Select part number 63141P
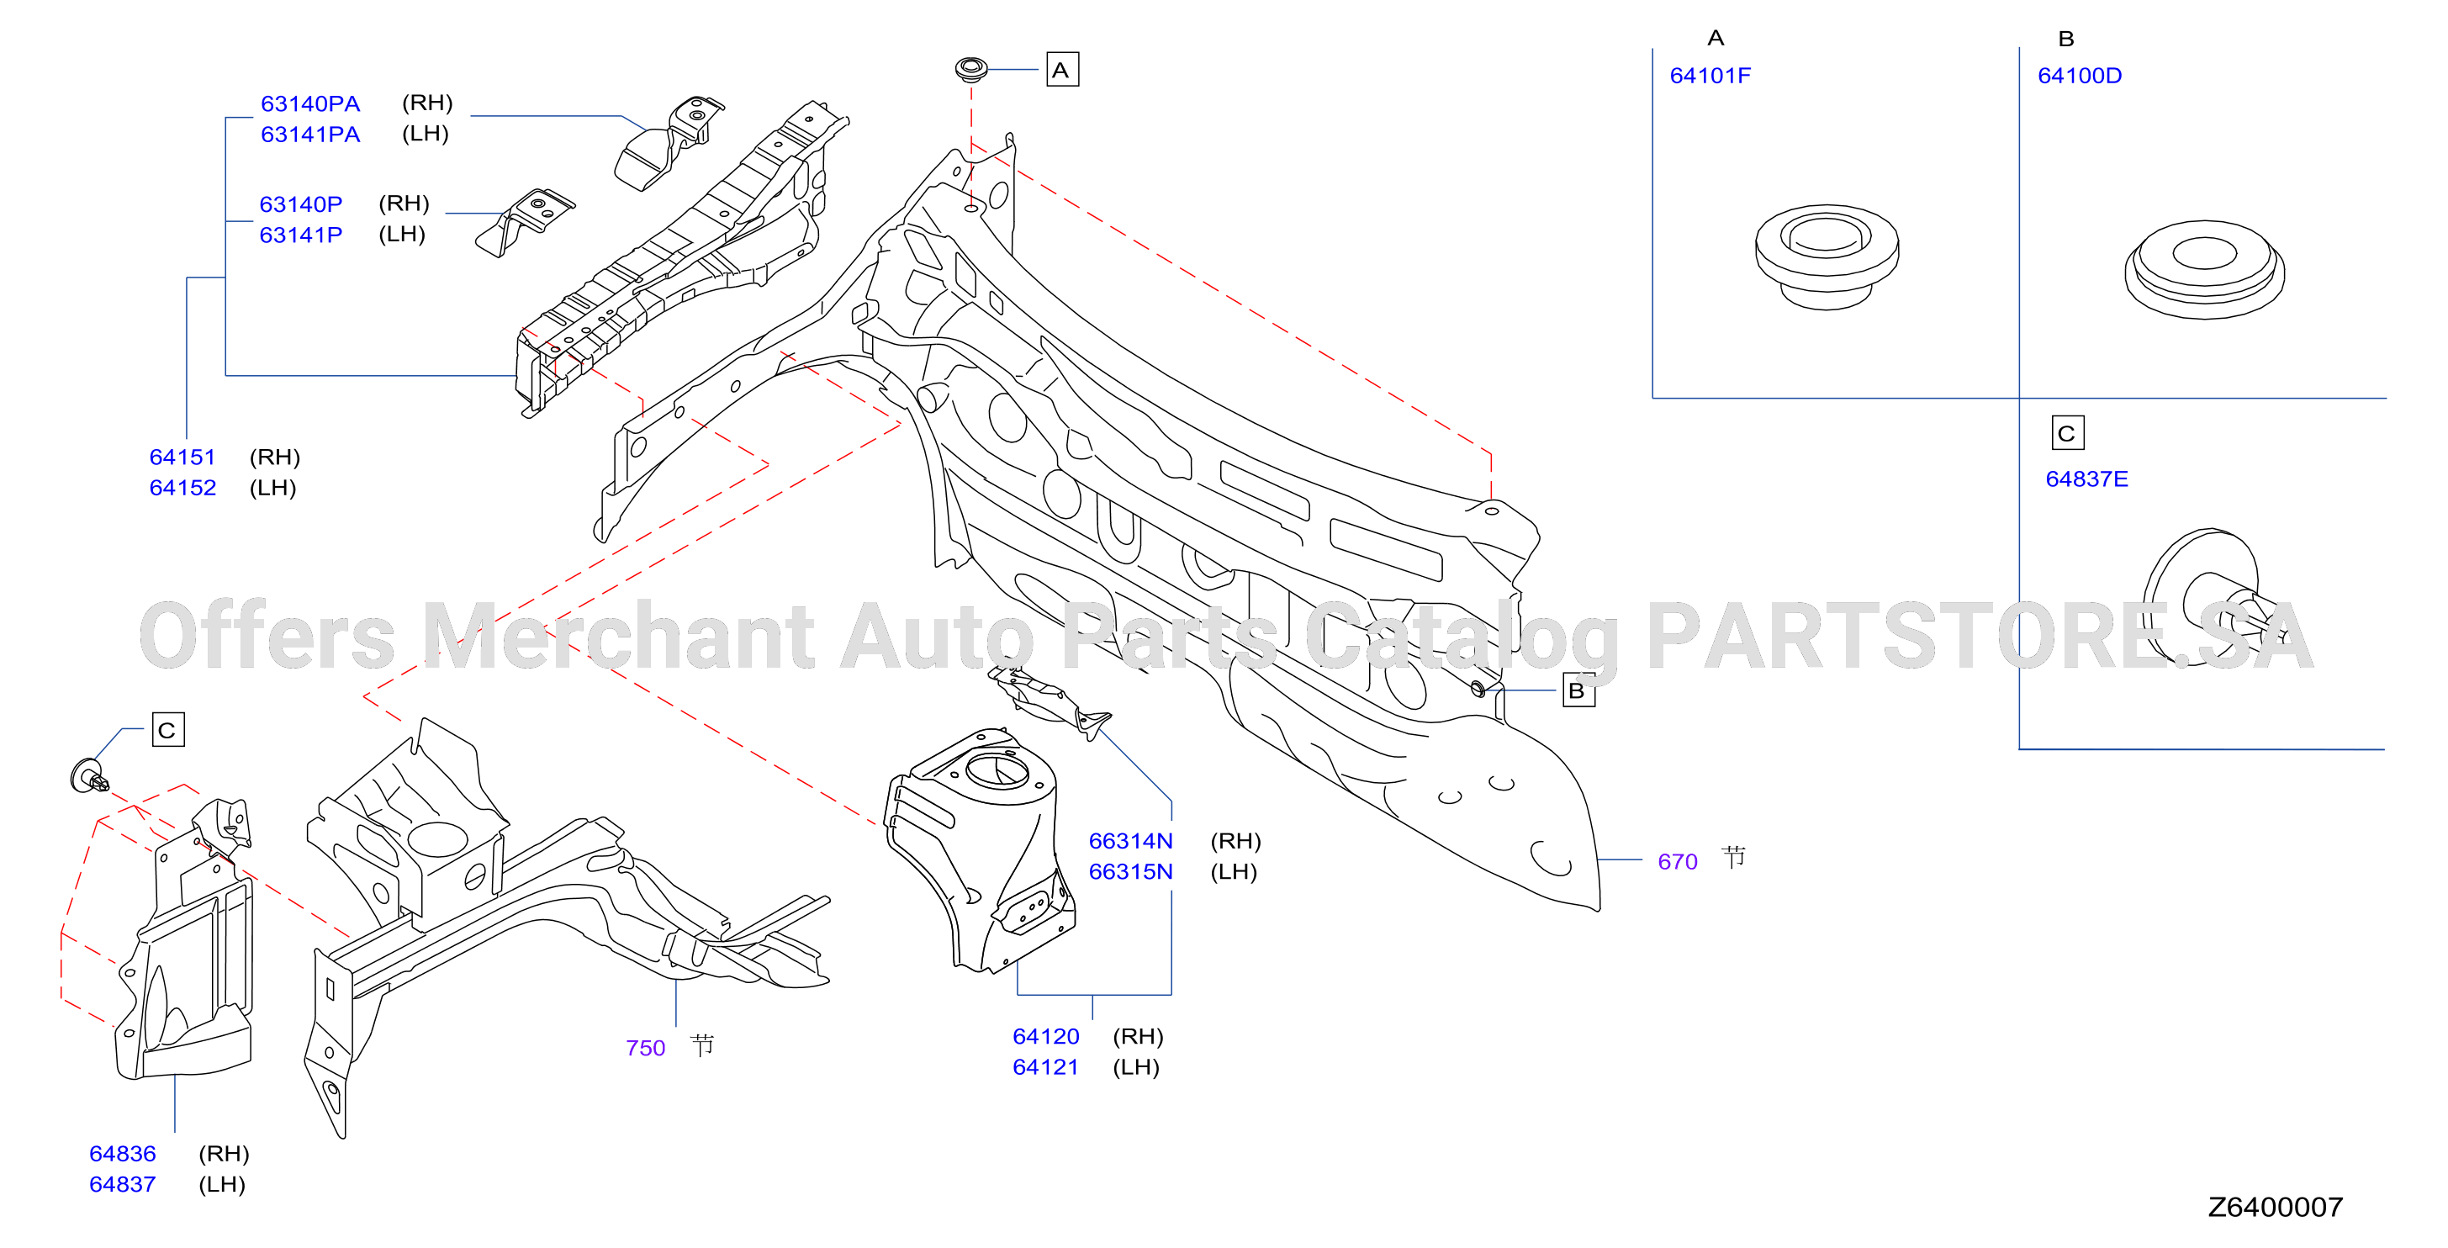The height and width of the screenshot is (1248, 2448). (x=300, y=235)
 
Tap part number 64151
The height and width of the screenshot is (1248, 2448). (x=182, y=457)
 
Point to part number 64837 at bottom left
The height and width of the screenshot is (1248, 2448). (x=123, y=1184)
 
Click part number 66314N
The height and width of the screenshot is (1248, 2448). (x=1131, y=841)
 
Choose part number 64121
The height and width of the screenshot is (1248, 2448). (x=1046, y=1067)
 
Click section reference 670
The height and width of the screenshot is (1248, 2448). (x=1678, y=862)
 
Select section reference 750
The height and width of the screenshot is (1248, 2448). (x=645, y=1049)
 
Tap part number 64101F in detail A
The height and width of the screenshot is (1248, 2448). (x=1710, y=76)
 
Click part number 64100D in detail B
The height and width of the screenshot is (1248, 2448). (x=2080, y=76)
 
